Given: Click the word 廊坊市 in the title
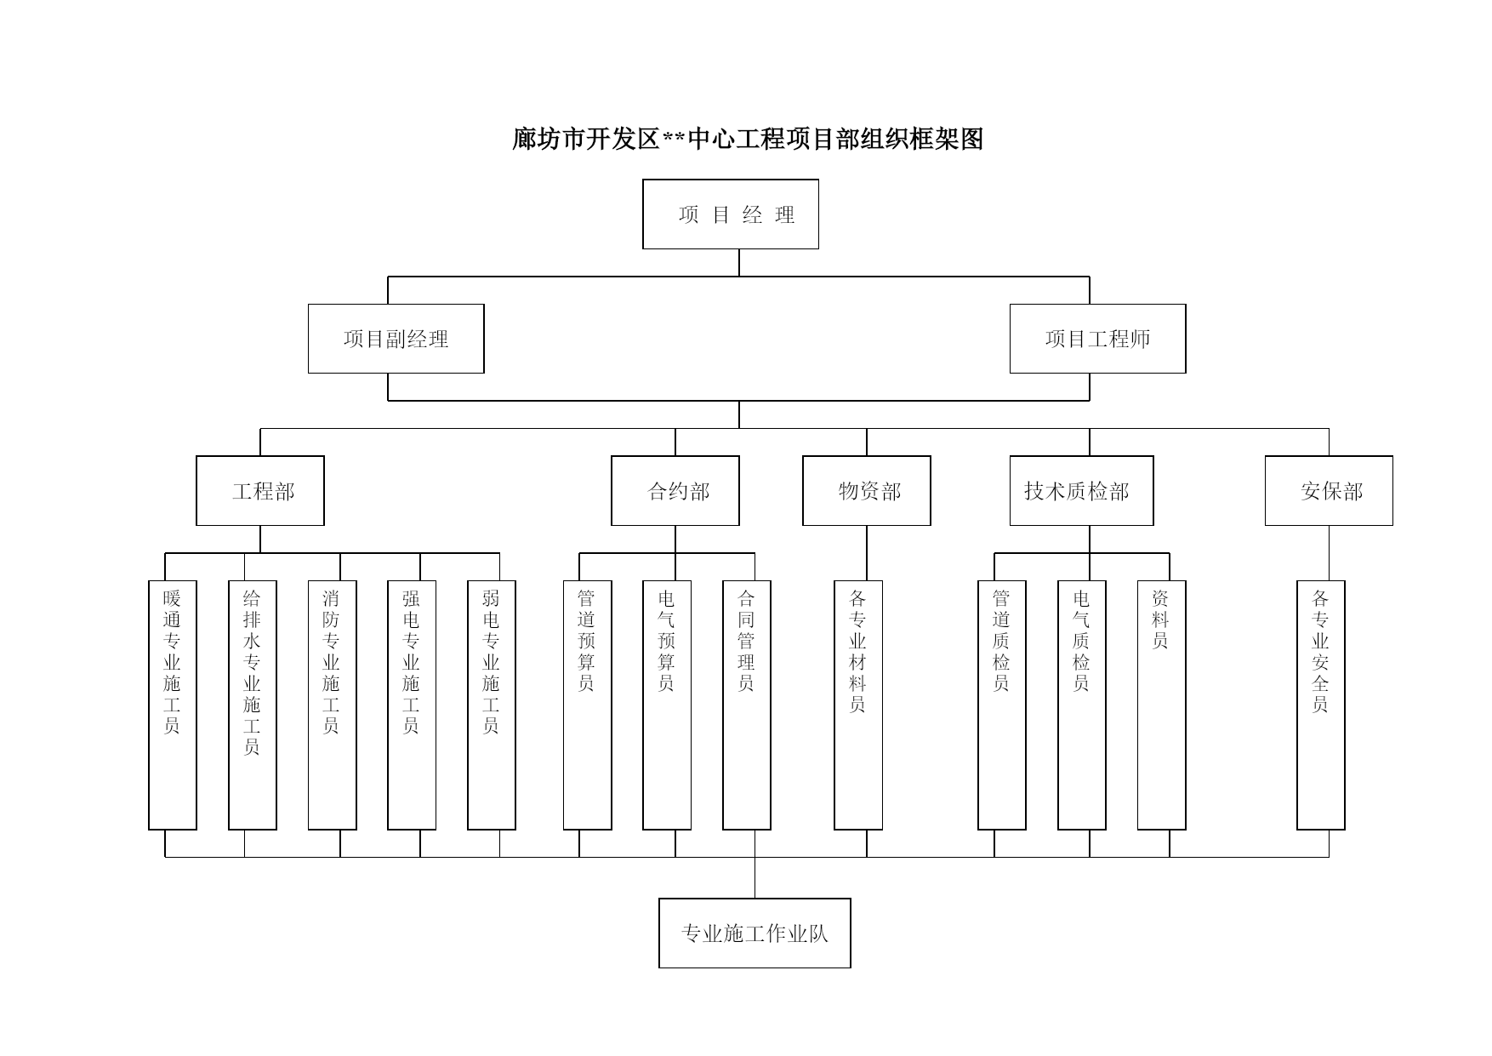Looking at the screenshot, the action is [x=549, y=139].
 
